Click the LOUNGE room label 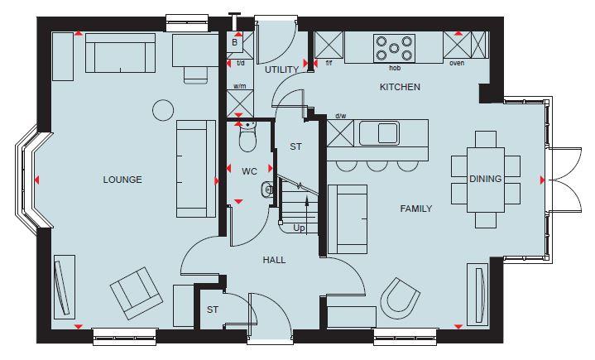pyautogui.click(x=122, y=180)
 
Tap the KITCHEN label pyautogui.click(x=400, y=87)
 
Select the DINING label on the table pyautogui.click(x=485, y=179)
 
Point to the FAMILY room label pyautogui.click(x=416, y=209)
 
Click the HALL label pyautogui.click(x=274, y=260)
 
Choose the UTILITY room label pyautogui.click(x=281, y=70)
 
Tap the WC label pyautogui.click(x=251, y=172)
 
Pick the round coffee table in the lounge pyautogui.click(x=163, y=108)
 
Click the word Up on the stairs pyautogui.click(x=299, y=228)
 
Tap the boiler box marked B pyautogui.click(x=235, y=42)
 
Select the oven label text pyautogui.click(x=456, y=63)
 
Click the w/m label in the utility pyautogui.click(x=240, y=86)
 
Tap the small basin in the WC pyautogui.click(x=267, y=190)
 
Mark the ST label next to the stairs pyautogui.click(x=295, y=147)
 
